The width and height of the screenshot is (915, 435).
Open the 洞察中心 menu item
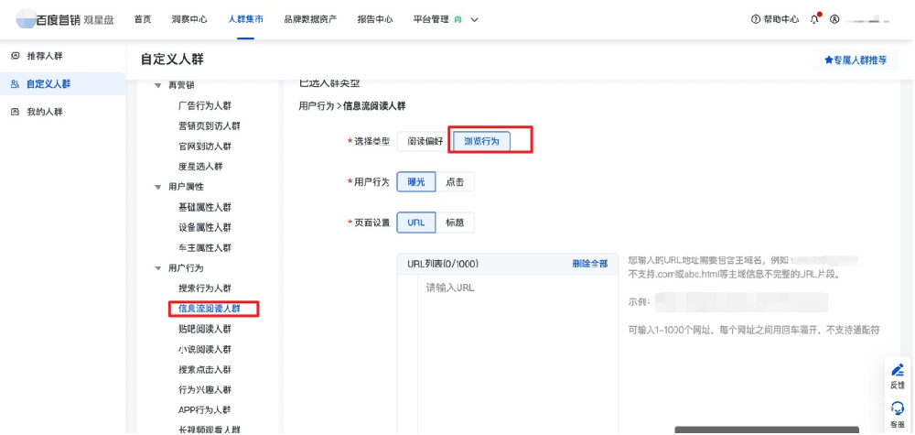(x=189, y=19)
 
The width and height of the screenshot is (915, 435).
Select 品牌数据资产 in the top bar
(x=310, y=19)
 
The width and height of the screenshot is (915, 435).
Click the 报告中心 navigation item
(x=375, y=19)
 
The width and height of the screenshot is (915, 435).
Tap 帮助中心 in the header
(x=775, y=19)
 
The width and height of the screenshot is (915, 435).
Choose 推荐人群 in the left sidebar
(x=44, y=57)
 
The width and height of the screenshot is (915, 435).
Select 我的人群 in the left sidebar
(x=44, y=112)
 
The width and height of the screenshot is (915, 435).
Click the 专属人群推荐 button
(x=856, y=60)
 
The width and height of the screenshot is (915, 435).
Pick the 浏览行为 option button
(x=482, y=141)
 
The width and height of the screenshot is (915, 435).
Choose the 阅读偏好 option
(x=425, y=141)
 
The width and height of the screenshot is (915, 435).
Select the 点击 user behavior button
(x=455, y=182)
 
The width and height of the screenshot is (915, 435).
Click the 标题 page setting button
(x=455, y=223)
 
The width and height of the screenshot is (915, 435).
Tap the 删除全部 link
(x=589, y=264)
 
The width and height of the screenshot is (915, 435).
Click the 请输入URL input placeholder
(x=450, y=288)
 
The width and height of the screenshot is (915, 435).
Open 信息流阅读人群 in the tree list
(x=210, y=309)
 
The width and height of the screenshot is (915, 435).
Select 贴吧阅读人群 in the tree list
(x=205, y=329)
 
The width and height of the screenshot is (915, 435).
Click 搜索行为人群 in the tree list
(x=205, y=288)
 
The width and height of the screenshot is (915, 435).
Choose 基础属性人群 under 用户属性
(x=205, y=207)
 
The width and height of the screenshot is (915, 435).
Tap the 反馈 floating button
(x=897, y=375)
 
